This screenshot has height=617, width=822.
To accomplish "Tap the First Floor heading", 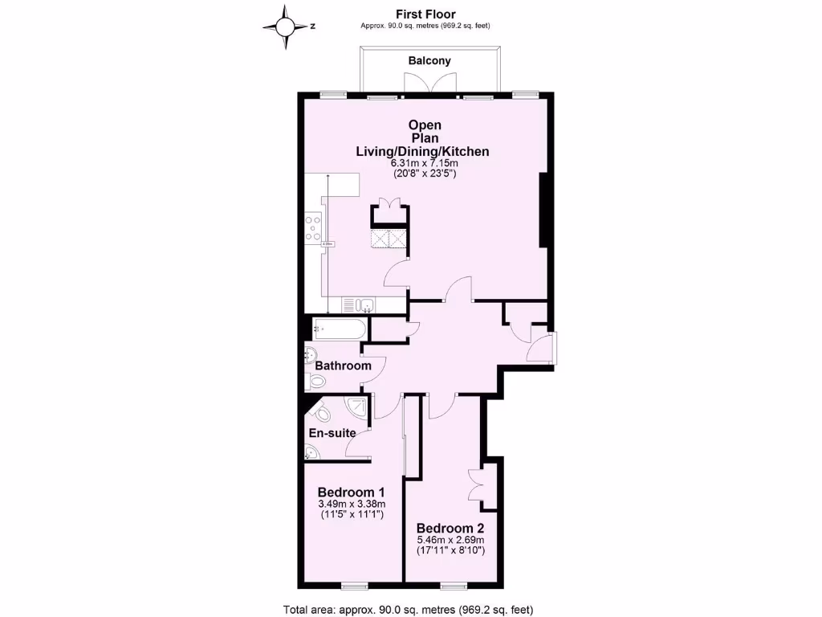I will click(425, 14).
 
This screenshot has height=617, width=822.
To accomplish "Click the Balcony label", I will click(429, 61).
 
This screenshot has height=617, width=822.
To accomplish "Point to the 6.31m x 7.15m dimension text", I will click(424, 163).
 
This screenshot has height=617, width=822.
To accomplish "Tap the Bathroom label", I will click(343, 366).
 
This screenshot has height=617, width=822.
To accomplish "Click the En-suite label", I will click(332, 433).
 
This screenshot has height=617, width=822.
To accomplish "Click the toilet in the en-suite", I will click(324, 415).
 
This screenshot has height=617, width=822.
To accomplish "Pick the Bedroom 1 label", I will click(352, 492).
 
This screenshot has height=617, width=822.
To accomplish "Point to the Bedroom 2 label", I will click(450, 529).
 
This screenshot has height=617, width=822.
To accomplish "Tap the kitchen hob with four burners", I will click(313, 227).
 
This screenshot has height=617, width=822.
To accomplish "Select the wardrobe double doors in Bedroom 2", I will click(474, 485).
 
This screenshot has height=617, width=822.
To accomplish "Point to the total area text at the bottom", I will click(409, 609).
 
